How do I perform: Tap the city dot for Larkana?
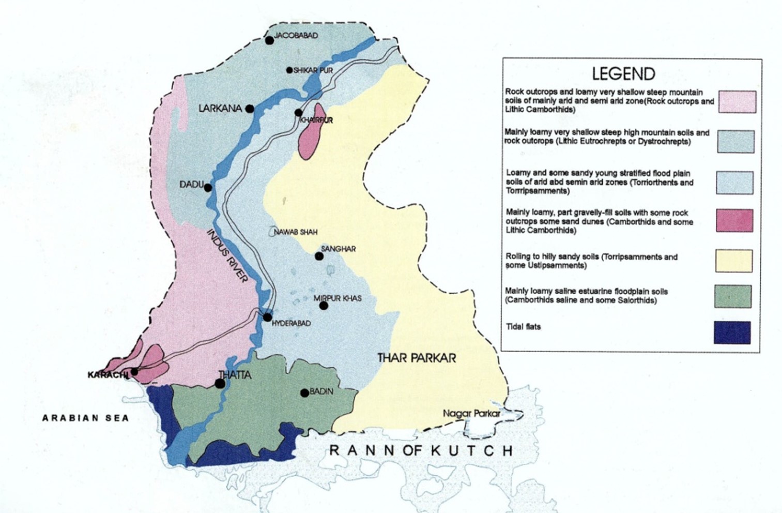[x=250, y=109]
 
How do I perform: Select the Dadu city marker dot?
[x=208, y=188]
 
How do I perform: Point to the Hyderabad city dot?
[x=268, y=317]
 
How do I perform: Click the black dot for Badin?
[x=305, y=393]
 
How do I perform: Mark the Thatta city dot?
[x=220, y=383]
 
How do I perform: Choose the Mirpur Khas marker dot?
[x=324, y=306]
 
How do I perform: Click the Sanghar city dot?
[x=319, y=256]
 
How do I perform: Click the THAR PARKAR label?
[x=417, y=358]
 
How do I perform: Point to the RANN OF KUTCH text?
[x=421, y=450]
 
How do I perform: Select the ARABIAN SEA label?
[x=85, y=418]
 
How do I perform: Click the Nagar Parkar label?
[x=471, y=414]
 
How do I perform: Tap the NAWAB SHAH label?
[x=296, y=232]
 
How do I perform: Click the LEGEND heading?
[x=623, y=74]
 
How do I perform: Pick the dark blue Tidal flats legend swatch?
[x=732, y=333]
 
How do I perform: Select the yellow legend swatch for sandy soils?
[x=733, y=261]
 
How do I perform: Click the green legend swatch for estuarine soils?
[x=733, y=296]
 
